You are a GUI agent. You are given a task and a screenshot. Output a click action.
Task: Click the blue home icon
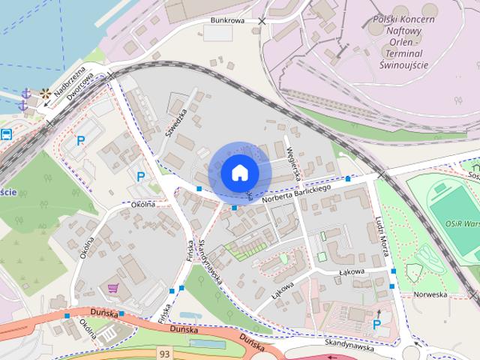(239, 173)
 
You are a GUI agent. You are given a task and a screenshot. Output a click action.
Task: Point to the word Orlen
(399, 53)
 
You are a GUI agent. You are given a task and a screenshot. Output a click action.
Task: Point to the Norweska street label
(430, 294)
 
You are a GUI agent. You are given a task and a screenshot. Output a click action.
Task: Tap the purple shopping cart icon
(113, 287)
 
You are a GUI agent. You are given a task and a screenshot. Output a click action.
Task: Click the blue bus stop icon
(6, 135)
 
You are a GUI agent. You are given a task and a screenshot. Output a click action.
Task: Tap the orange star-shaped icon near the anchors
(46, 94)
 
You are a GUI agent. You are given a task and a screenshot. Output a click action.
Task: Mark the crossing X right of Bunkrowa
(262, 21)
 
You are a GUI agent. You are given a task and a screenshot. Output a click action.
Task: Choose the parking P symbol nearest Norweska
(376, 324)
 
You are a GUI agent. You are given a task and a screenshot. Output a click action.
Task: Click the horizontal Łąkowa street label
(350, 271)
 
